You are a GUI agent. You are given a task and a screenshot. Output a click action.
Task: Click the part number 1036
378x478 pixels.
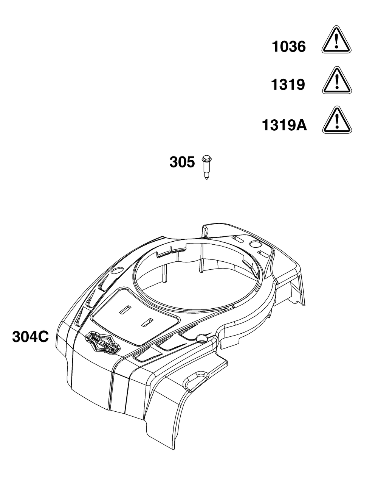coord(289,47)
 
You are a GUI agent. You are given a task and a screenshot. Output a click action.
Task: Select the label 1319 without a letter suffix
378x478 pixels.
coord(288,85)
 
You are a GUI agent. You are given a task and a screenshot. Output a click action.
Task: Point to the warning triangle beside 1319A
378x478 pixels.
coord(337,121)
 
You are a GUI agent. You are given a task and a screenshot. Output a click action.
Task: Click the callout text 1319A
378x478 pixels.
coord(284,125)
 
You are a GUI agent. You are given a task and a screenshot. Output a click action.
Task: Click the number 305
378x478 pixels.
coord(182,163)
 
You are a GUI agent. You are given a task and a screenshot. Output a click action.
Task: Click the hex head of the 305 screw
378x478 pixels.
coord(206,158)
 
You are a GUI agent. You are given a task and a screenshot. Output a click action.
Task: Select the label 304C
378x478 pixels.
coord(30,336)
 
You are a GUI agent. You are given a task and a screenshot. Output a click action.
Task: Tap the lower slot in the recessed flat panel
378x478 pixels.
coord(147,322)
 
